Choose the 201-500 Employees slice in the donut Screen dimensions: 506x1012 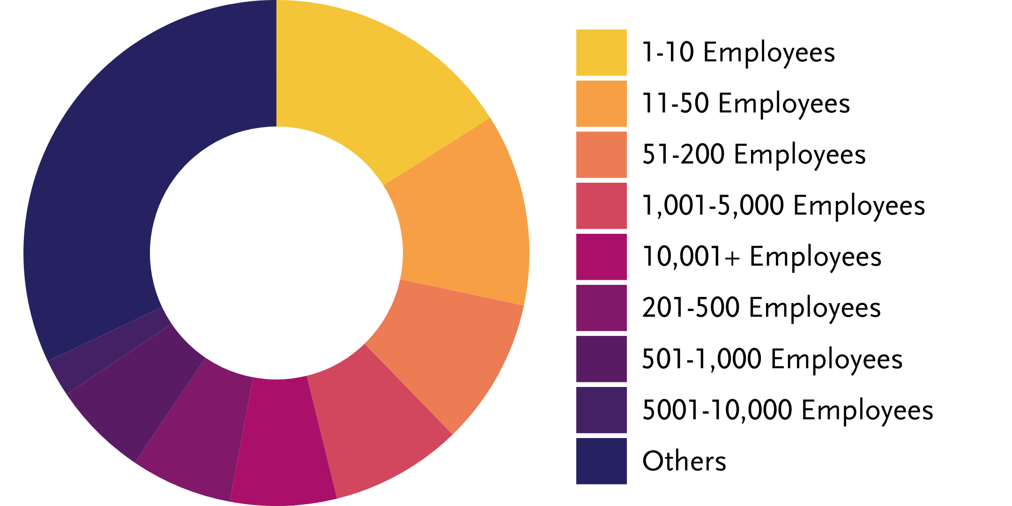click(x=197, y=426)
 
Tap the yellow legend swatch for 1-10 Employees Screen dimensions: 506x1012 click(x=601, y=52)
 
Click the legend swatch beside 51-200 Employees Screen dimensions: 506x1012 click(x=601, y=155)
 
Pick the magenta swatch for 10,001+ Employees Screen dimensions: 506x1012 click(x=601, y=257)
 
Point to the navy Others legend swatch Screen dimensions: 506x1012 click(x=601, y=461)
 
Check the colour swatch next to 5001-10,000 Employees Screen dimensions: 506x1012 click(x=601, y=410)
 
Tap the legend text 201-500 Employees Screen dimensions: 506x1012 click(x=761, y=308)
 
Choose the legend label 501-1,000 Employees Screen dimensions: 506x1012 click(x=772, y=359)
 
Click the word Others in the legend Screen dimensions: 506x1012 click(x=684, y=461)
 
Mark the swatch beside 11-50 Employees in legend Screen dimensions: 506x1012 click(x=601, y=104)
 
